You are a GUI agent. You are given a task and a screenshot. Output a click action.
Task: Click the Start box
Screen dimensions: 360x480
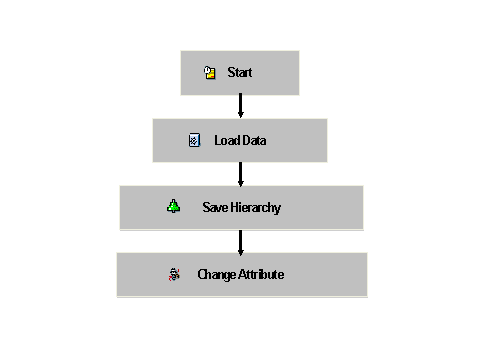240,73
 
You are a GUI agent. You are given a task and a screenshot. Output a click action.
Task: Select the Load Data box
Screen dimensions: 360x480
240,140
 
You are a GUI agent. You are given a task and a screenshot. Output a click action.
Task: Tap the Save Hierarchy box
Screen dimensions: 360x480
240,207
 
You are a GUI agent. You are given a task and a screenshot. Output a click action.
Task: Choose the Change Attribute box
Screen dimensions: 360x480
241,274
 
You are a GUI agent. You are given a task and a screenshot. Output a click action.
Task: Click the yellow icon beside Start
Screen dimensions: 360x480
210,73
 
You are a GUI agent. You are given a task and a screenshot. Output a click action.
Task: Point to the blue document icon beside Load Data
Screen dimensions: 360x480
195,140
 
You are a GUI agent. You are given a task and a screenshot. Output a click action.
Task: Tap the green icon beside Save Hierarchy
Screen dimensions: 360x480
174,207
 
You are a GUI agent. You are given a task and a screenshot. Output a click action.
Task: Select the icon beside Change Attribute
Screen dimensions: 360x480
175,274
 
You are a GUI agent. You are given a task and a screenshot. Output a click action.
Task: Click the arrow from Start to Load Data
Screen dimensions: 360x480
240,106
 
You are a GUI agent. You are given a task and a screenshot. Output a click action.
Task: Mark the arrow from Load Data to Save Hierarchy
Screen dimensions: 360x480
240,173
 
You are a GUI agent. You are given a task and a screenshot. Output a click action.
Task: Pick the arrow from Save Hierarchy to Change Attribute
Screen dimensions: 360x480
240,240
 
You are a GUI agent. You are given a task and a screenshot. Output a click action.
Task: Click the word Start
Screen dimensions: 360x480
240,73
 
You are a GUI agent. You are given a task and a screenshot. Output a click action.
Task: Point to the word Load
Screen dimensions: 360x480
224,140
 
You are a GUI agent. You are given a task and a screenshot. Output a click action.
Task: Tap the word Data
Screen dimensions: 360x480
253,140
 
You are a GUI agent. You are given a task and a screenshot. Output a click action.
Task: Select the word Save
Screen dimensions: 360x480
215,207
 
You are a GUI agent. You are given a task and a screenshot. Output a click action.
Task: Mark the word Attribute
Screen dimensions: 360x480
262,274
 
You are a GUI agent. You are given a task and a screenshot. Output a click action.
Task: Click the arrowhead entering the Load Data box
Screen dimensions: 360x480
240,114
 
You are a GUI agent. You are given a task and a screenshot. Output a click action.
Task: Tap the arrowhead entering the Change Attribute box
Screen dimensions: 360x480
240,248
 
